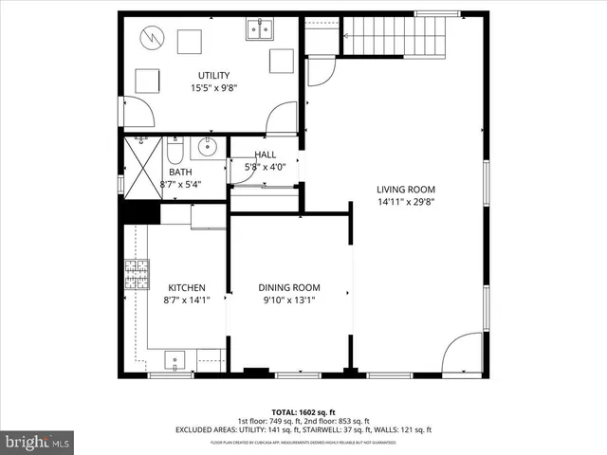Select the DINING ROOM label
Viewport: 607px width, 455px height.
pos(289,288)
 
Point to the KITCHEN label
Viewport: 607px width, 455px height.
pos(187,288)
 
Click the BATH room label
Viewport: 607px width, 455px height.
pos(180,173)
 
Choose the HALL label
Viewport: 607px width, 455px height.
pos(265,155)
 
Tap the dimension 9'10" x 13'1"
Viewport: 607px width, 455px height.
pos(289,300)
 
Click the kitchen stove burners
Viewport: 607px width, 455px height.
pos(137,274)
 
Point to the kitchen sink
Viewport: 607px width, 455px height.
pos(175,358)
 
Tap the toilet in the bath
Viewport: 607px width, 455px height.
pos(175,151)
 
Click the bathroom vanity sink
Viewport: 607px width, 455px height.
pos(206,147)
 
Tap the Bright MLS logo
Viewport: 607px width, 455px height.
pos(37,441)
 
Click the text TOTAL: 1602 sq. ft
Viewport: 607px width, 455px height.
pos(303,412)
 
